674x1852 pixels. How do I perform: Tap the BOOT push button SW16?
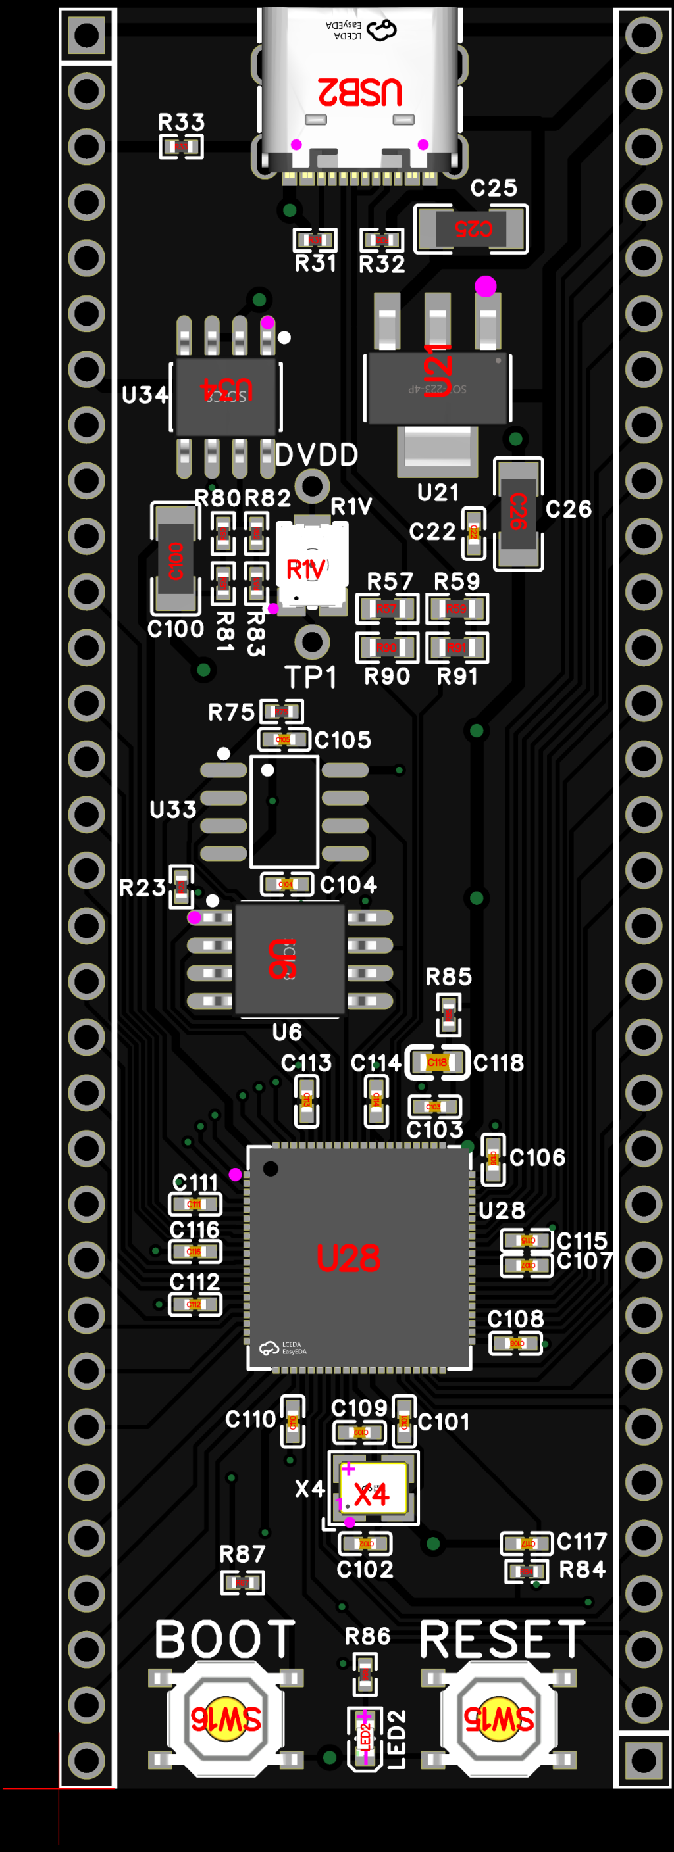[x=225, y=1718]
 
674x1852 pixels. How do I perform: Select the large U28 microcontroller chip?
[x=358, y=1257]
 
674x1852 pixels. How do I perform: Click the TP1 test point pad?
[x=311, y=641]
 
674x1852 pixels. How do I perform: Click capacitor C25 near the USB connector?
[x=471, y=229]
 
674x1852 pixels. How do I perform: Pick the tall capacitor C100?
[x=175, y=558]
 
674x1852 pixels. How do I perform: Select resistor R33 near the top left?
[x=180, y=147]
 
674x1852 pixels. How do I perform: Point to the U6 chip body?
[x=289, y=958]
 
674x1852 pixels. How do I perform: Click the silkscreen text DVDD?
[x=316, y=454]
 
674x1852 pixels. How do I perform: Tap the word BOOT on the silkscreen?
[x=224, y=1639]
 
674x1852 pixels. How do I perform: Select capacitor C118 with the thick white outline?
[x=437, y=1062]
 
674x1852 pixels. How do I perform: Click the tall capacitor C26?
[x=518, y=512]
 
